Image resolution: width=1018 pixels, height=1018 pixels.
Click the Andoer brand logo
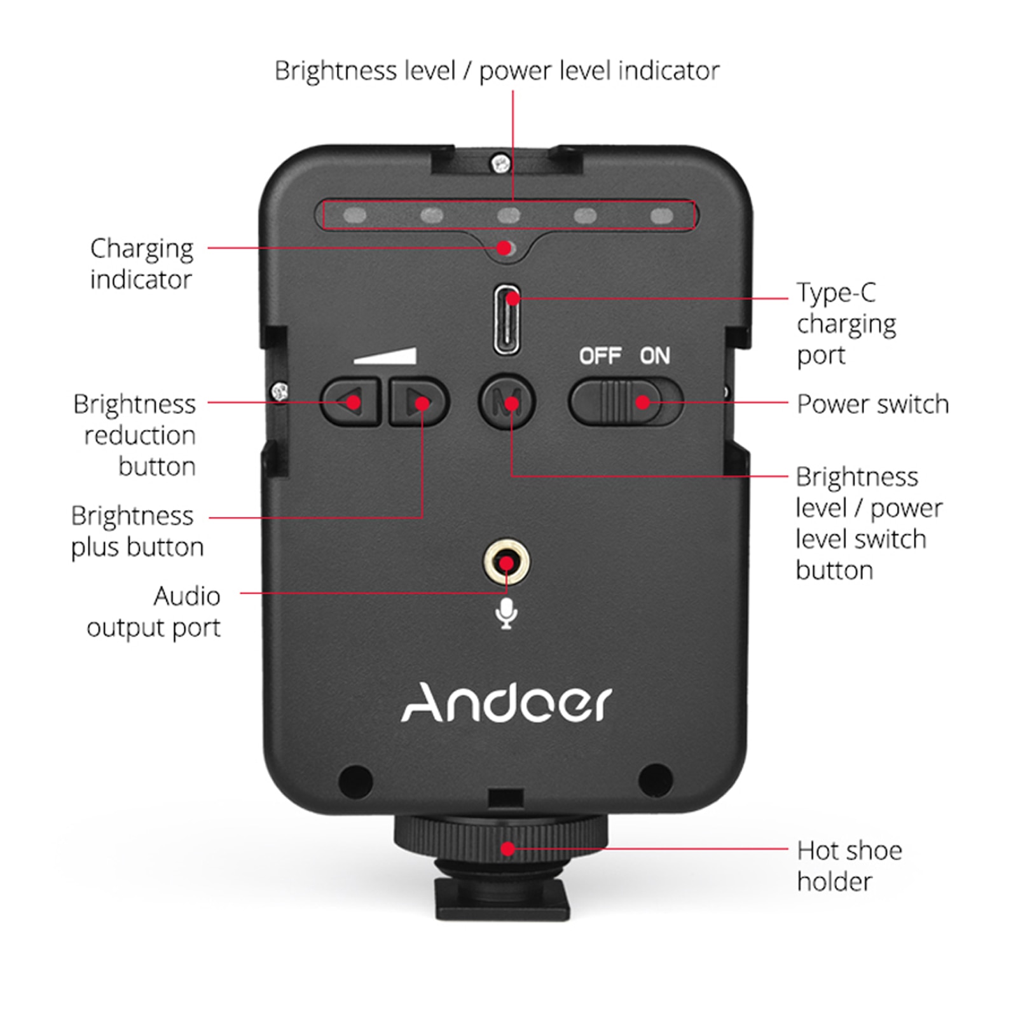click(x=506, y=703)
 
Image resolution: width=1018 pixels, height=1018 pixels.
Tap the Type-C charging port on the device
click(x=507, y=319)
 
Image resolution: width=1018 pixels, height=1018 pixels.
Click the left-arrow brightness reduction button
click(x=351, y=402)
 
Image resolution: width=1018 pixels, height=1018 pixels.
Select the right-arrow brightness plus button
click(x=419, y=402)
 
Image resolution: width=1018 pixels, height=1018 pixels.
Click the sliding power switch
click(x=625, y=402)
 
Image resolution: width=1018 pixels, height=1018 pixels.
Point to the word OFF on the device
click(x=600, y=356)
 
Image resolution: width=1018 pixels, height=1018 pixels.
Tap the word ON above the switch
click(x=654, y=356)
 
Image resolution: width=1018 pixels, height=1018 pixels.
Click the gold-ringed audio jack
click(x=506, y=563)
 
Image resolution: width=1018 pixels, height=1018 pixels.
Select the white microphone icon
click(x=506, y=614)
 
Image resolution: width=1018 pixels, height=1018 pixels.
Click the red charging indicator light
click(x=505, y=247)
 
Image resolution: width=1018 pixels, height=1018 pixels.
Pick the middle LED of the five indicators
click(x=508, y=216)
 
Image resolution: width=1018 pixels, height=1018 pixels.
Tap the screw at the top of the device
click(x=501, y=163)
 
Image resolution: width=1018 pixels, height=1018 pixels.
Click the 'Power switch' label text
click(x=872, y=404)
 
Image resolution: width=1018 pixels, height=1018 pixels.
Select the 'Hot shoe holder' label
click(x=849, y=866)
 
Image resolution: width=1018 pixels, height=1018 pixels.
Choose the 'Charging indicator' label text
click(x=141, y=264)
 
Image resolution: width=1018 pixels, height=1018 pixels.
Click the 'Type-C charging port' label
click(x=846, y=324)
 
